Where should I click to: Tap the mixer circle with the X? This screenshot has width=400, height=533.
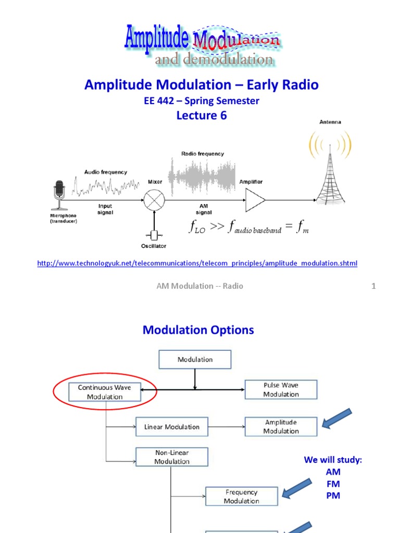[x=154, y=200]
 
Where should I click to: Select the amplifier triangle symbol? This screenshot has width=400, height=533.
[x=255, y=200]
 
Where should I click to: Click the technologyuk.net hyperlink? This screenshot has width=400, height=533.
[x=197, y=263]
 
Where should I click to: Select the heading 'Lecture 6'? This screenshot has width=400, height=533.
[x=201, y=116]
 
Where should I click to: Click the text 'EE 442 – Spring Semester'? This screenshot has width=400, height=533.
[x=201, y=101]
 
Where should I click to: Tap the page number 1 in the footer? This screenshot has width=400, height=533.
[x=373, y=286]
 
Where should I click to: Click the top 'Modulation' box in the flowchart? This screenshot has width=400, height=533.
[x=195, y=360]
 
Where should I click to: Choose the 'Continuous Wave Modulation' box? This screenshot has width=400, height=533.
[x=105, y=392]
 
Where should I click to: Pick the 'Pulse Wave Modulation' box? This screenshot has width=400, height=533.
[x=281, y=390]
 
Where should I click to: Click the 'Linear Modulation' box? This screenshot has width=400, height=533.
[x=172, y=427]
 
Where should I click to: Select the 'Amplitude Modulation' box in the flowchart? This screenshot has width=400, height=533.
[x=281, y=427]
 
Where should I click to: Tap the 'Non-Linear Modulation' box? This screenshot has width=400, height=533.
[x=172, y=457]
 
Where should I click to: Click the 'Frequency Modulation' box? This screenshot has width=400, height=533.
[x=242, y=497]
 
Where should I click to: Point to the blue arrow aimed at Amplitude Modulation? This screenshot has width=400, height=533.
[x=337, y=419]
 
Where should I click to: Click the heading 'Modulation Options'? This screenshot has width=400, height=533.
[x=198, y=329]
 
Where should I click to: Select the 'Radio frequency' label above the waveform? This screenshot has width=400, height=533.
[x=203, y=154]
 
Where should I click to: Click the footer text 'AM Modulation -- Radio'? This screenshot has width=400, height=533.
[x=200, y=286]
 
